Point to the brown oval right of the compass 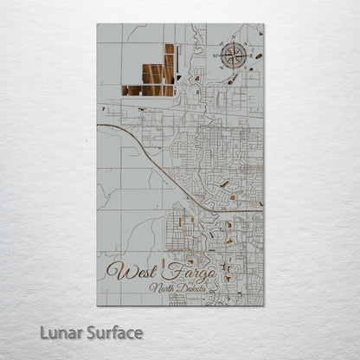pos(257,57)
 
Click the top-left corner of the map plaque pos(97,24)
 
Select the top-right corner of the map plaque pos(263,24)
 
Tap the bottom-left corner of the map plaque pos(97,305)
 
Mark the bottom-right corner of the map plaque pos(263,305)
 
